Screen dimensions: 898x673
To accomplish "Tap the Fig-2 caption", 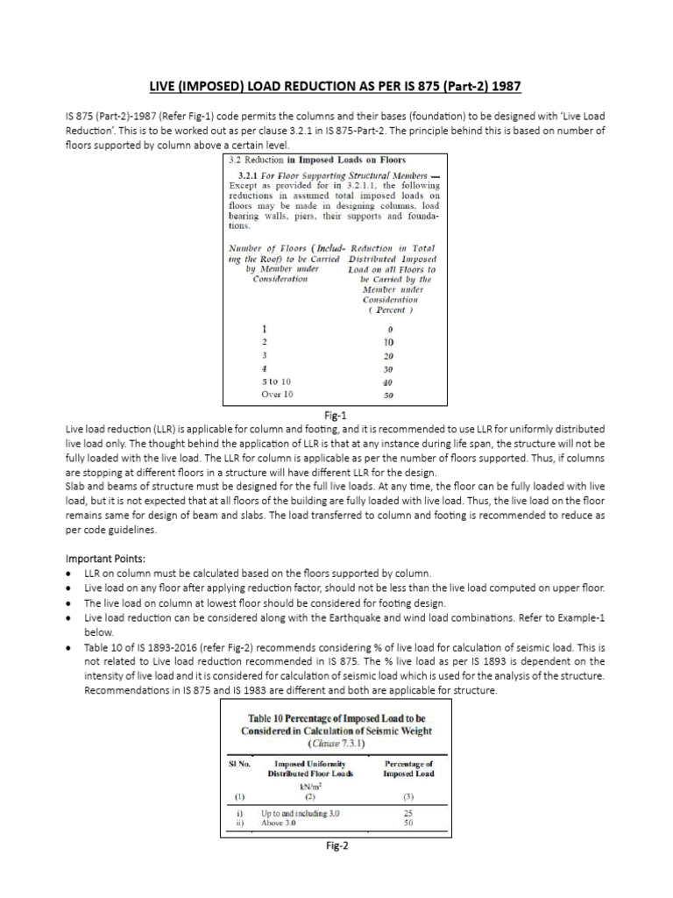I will [x=337, y=846].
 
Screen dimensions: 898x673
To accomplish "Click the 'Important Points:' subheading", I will [x=108, y=558].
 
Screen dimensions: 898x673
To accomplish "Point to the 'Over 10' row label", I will [x=279, y=395].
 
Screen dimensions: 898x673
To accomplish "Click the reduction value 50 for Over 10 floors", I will [x=389, y=396].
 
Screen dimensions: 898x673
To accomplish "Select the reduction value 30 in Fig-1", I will [x=389, y=368].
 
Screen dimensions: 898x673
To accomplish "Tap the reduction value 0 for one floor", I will [x=389, y=328].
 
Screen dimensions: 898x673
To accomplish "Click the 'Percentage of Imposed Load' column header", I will [x=408, y=769].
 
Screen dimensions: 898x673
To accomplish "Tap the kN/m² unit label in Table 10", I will [x=304, y=786].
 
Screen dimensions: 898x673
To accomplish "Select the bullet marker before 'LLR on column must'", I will [x=70, y=573].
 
